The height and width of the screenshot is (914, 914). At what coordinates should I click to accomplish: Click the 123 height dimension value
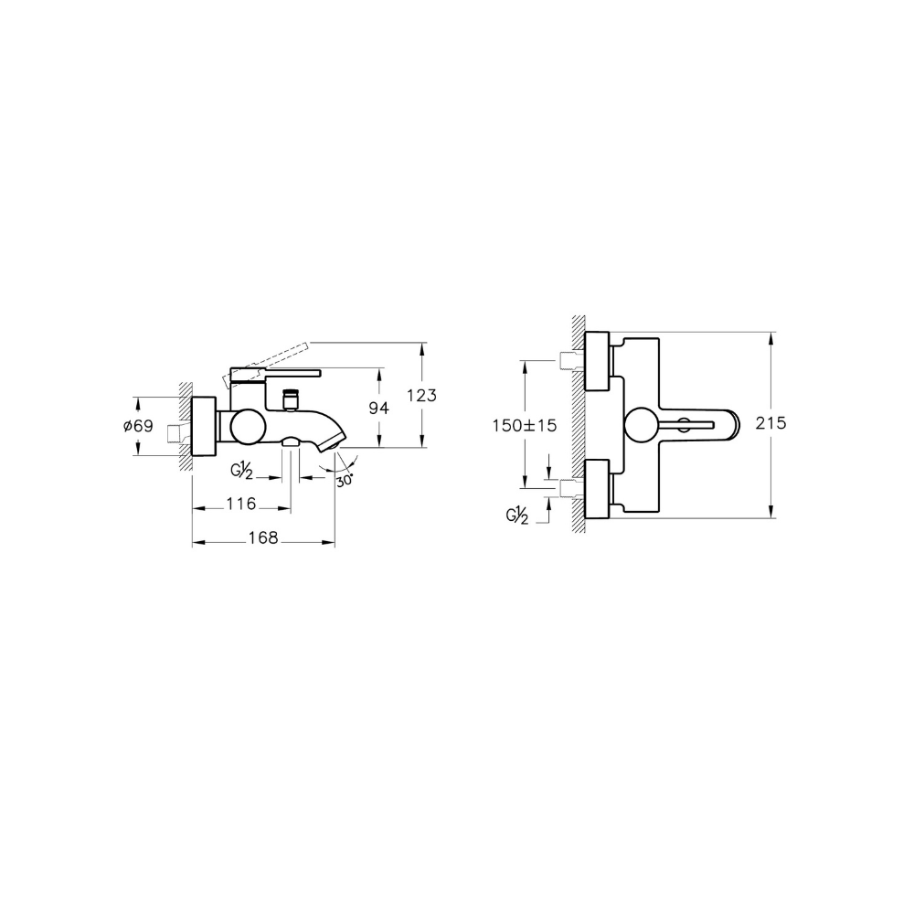tap(421, 395)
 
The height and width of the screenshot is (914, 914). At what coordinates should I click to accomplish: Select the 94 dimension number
tap(379, 408)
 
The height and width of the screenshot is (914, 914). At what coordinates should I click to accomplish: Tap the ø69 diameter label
tap(138, 426)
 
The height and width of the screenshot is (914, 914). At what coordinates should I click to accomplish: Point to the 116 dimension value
tap(241, 504)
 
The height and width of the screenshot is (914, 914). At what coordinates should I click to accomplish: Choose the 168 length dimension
tap(263, 537)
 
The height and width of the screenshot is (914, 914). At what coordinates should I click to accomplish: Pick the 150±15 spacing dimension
tap(525, 426)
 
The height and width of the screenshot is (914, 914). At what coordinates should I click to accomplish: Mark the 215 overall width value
tap(771, 422)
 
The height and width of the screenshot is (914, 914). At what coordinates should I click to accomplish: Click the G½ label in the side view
tap(241, 471)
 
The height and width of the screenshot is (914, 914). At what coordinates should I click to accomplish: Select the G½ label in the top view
tap(517, 515)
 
